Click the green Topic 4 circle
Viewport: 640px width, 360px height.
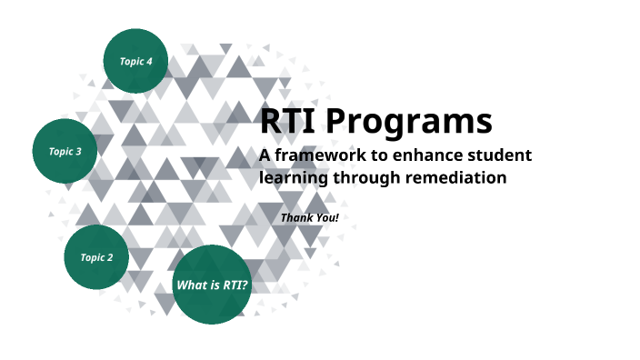pyautogui.click(x=135, y=62)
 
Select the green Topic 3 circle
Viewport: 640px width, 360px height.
pyautogui.click(x=65, y=151)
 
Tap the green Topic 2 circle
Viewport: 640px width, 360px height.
pyautogui.click(x=96, y=257)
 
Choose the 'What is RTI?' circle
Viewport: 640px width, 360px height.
pyautogui.click(x=212, y=285)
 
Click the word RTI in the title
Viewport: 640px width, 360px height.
pyautogui.click(x=286, y=122)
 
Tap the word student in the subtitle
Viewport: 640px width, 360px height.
pyautogui.click(x=499, y=155)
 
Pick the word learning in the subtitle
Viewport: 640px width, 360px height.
pyautogui.click(x=292, y=178)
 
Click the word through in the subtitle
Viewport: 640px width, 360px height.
pyautogui.click(x=364, y=178)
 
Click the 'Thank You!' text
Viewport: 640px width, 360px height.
pyautogui.click(x=309, y=218)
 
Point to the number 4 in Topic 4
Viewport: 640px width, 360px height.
pyautogui.click(x=149, y=62)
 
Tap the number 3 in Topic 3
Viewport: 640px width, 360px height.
pyautogui.click(x=79, y=151)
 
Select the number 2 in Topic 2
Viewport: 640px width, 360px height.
pyautogui.click(x=110, y=257)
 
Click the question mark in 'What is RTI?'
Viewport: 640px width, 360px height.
pyautogui.click(x=245, y=285)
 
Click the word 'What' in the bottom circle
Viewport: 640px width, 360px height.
pyautogui.click(x=191, y=285)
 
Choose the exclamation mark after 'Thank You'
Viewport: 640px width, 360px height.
pyautogui.click(x=336, y=218)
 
